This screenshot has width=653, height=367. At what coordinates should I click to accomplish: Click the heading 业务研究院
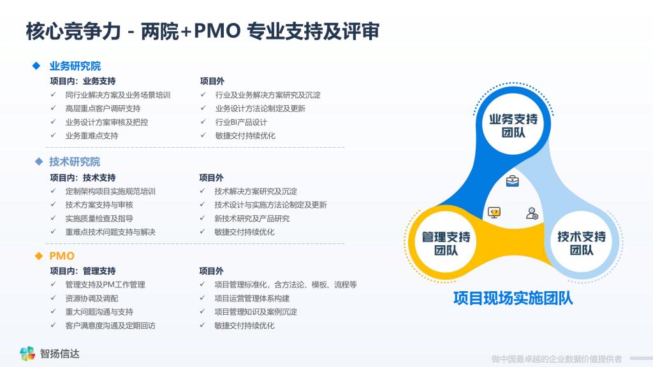(x=75, y=66)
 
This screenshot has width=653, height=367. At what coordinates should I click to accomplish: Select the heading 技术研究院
(x=75, y=162)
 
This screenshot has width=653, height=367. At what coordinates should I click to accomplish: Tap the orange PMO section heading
(x=62, y=256)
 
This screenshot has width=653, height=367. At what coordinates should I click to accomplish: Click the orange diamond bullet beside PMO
(x=39, y=256)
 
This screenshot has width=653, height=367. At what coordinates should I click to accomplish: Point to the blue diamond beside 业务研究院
(x=36, y=66)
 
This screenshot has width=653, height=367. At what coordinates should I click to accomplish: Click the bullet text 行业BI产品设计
(x=241, y=122)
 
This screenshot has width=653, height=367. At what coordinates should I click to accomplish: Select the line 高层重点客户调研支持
(x=103, y=108)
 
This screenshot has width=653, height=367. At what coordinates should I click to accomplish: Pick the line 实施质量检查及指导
(x=99, y=219)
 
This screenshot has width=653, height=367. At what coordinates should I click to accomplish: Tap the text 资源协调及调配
(x=92, y=298)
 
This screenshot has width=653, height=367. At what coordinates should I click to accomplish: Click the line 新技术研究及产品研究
(x=252, y=219)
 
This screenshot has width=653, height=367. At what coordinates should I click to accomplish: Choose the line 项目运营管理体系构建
(x=252, y=298)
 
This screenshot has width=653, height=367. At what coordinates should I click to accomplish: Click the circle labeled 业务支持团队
(x=513, y=126)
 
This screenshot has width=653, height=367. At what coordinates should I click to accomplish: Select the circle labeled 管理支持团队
(x=446, y=243)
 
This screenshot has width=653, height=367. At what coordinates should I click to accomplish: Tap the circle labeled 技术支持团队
(x=582, y=243)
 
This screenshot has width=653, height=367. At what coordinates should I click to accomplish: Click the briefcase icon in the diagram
(x=512, y=181)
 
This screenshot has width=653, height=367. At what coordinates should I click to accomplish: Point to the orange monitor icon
(x=494, y=213)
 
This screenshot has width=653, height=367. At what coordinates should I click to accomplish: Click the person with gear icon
(x=532, y=213)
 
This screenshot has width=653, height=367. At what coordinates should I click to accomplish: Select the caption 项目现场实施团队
(x=513, y=298)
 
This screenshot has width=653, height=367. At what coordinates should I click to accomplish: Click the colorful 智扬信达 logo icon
(x=27, y=353)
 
